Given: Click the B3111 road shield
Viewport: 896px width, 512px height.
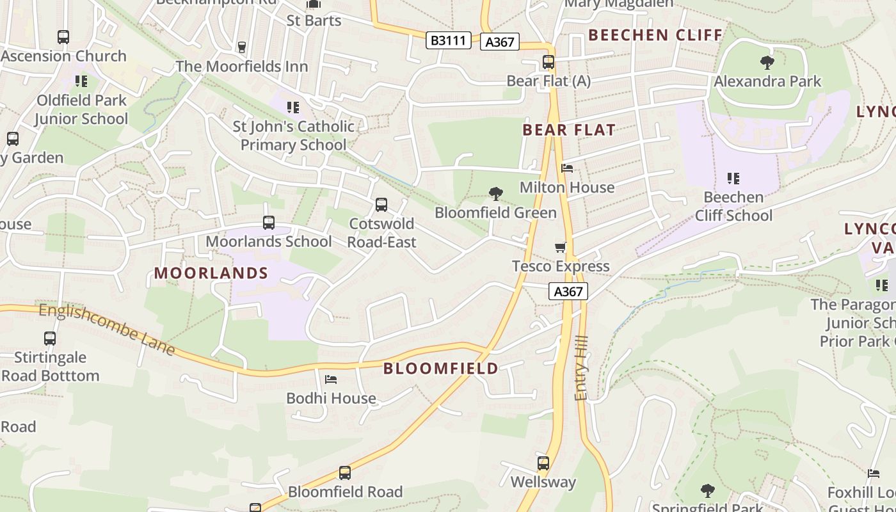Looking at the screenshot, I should [449, 40].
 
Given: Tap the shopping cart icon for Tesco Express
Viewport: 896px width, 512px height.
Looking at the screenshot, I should [561, 247].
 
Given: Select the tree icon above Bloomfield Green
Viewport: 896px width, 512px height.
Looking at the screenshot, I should [495, 193].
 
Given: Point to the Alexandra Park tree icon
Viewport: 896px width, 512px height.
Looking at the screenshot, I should [767, 62].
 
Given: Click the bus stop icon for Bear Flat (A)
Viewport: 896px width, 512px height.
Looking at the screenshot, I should [548, 62].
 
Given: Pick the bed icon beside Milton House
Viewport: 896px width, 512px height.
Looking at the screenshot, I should [567, 168].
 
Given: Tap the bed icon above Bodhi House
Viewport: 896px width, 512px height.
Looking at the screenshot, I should [331, 380].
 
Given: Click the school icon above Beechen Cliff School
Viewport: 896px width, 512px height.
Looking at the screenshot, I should [733, 178].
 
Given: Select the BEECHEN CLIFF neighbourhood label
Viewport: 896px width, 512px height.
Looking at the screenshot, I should [655, 35].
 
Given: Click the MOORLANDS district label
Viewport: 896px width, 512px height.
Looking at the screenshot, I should [211, 273].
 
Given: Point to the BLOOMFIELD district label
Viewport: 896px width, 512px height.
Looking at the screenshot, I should [441, 368].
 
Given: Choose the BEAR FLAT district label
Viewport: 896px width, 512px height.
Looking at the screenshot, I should [568, 131].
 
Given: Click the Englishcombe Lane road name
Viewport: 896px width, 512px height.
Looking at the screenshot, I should [107, 329].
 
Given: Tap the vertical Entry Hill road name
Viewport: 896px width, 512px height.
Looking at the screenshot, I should [581, 371].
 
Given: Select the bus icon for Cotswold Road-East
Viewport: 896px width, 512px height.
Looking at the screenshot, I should [381, 205].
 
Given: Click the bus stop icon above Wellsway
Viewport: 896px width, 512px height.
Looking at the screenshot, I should [543, 463].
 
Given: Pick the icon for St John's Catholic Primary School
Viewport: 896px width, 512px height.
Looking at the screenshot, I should [293, 107].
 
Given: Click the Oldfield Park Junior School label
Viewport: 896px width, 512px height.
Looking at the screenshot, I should [81, 109].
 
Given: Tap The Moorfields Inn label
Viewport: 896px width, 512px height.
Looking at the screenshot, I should [242, 67].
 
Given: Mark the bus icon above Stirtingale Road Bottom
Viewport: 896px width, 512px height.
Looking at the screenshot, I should [50, 338].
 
